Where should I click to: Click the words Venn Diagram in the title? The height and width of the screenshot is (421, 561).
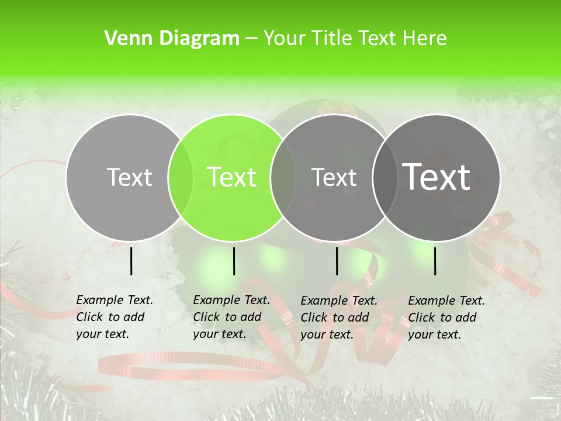click(172, 39)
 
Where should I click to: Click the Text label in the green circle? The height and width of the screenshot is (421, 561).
click(232, 177)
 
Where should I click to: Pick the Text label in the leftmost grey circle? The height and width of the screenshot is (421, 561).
click(129, 177)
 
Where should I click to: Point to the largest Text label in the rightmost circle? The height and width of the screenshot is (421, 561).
click(437, 177)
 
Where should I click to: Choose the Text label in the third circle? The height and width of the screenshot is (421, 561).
click(334, 177)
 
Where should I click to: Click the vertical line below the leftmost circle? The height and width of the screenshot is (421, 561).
click(131, 261)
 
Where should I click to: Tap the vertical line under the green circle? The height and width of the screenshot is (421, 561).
click(234, 261)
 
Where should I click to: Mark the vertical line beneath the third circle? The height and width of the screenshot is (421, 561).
click(337, 261)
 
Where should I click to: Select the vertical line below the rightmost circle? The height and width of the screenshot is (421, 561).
click(435, 261)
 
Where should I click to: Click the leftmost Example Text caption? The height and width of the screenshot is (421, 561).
click(115, 317)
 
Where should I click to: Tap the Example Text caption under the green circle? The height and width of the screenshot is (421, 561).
click(231, 317)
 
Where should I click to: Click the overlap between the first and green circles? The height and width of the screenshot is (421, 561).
click(181, 178)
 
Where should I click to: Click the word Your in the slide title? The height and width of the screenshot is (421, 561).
click(284, 39)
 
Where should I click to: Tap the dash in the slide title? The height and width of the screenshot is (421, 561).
click(252, 39)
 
